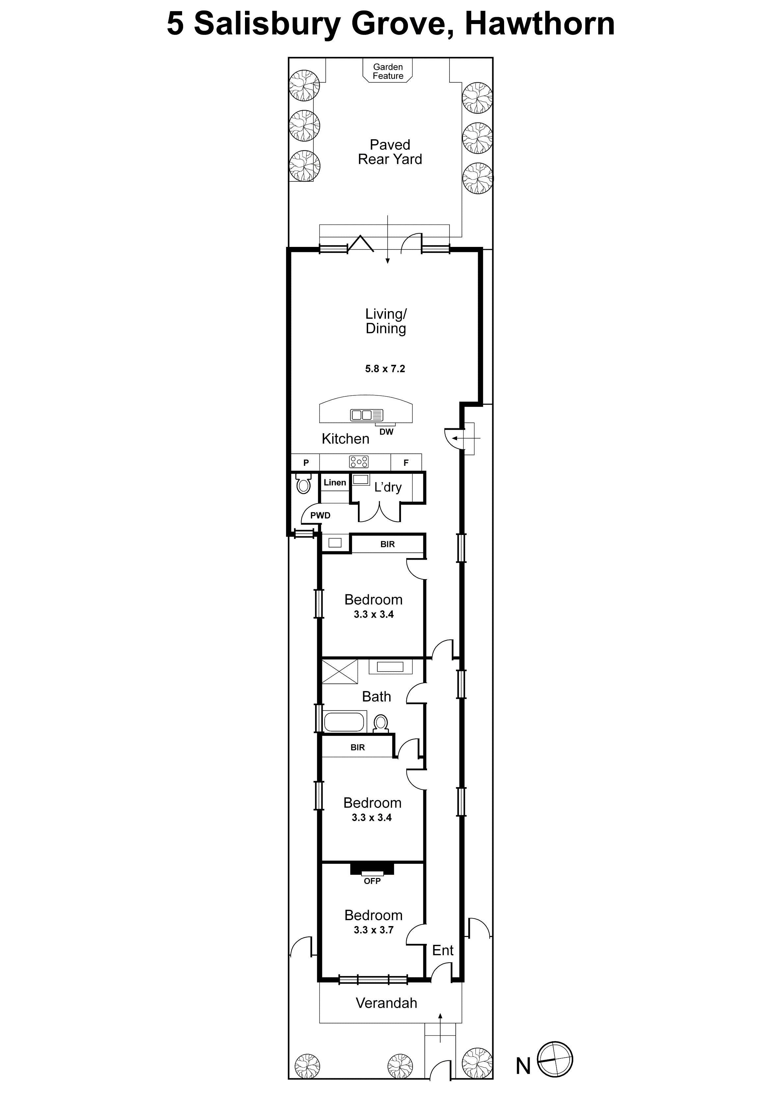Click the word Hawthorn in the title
(x=540, y=23)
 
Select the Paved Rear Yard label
(x=390, y=152)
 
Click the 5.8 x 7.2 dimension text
(x=385, y=369)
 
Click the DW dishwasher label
(x=386, y=431)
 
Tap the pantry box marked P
(x=306, y=463)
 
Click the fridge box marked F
(x=406, y=463)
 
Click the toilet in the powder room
(x=303, y=485)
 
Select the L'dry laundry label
(x=388, y=487)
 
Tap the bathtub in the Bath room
(x=344, y=722)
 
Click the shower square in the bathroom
(x=339, y=672)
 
